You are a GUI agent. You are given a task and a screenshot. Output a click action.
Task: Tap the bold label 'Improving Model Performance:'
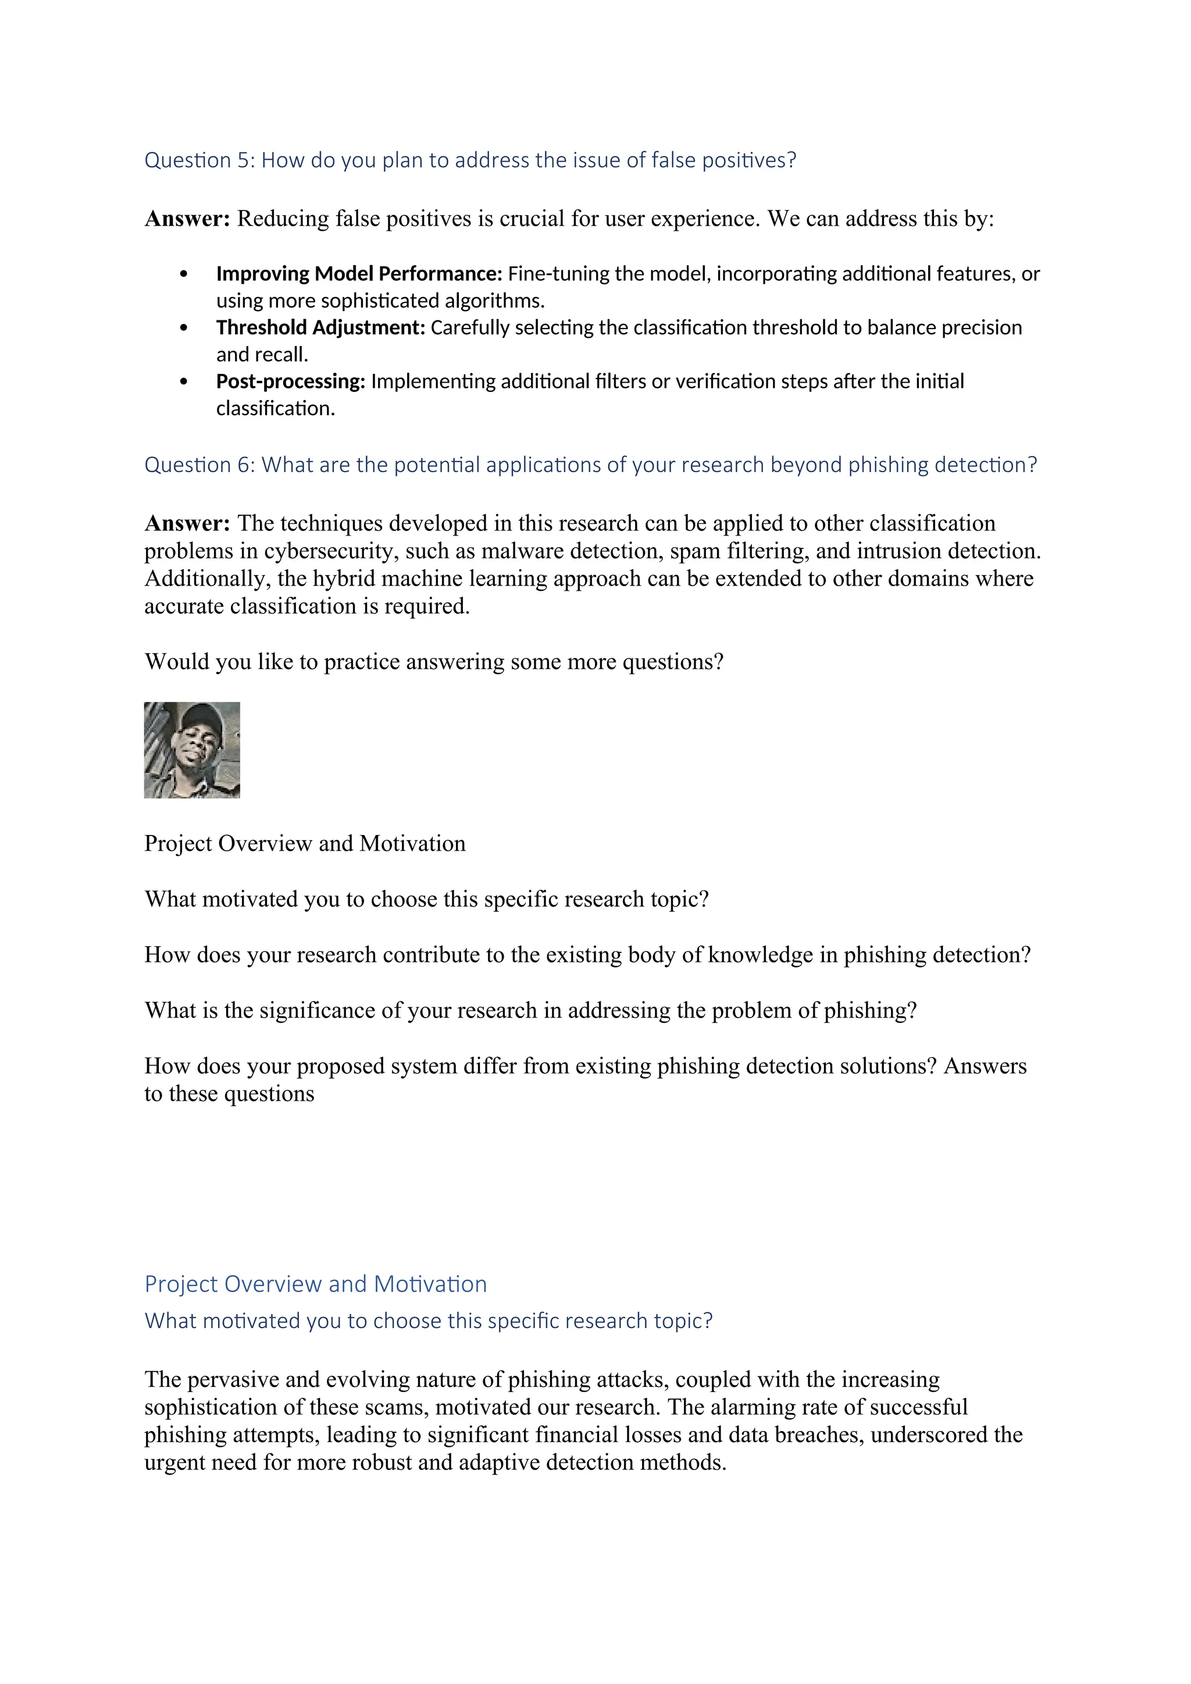click(x=359, y=273)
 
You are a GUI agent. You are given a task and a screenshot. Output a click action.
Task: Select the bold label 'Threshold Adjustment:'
click(x=320, y=327)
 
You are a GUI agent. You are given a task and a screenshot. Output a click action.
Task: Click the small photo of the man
click(x=192, y=750)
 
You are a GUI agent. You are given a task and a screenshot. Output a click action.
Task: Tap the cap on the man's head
click(x=199, y=716)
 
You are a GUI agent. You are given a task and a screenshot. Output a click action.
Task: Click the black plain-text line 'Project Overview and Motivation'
click(x=304, y=844)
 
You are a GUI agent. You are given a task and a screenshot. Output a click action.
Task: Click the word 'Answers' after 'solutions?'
click(x=985, y=1066)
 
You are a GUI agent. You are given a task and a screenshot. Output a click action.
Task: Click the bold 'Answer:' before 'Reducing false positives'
click(x=187, y=219)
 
